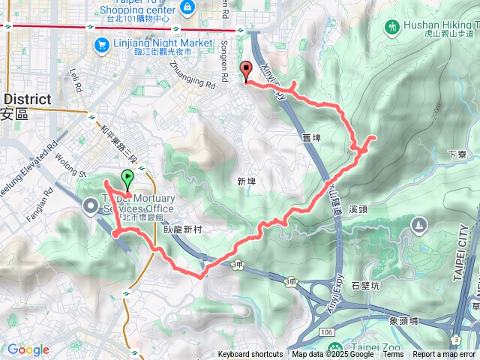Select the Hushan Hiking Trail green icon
391,27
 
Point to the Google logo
28,349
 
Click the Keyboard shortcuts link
250,355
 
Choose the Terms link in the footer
393,355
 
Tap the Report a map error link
444,355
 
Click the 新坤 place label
246,181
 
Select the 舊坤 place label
310,137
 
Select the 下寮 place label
457,154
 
